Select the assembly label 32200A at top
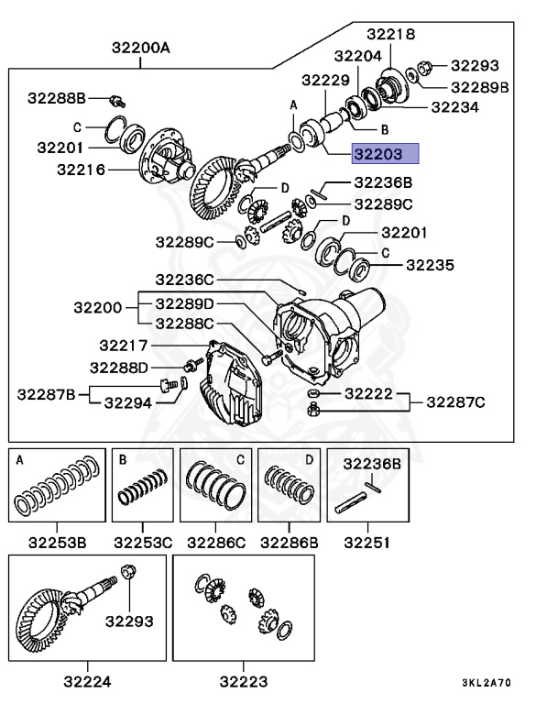point(141,44)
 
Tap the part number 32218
point(391,34)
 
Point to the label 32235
point(430,265)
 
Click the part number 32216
point(81,170)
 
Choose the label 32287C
point(455,401)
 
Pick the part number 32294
point(127,401)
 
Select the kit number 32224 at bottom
point(88,680)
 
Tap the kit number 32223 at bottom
point(243,680)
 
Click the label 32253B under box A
point(57,543)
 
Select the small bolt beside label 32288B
point(116,98)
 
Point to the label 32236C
point(183,279)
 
